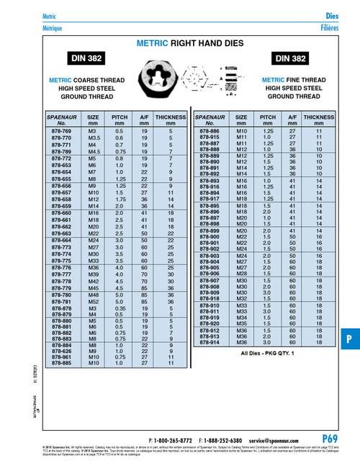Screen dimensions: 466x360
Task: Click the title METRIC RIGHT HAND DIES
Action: click(x=180, y=43)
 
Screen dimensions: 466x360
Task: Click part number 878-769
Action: click(x=61, y=133)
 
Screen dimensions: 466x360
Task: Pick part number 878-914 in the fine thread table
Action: click(x=209, y=343)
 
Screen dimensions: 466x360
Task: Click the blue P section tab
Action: click(x=348, y=339)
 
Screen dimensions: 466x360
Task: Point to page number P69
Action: click(x=330, y=439)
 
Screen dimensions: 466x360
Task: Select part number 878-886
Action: click(x=209, y=133)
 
